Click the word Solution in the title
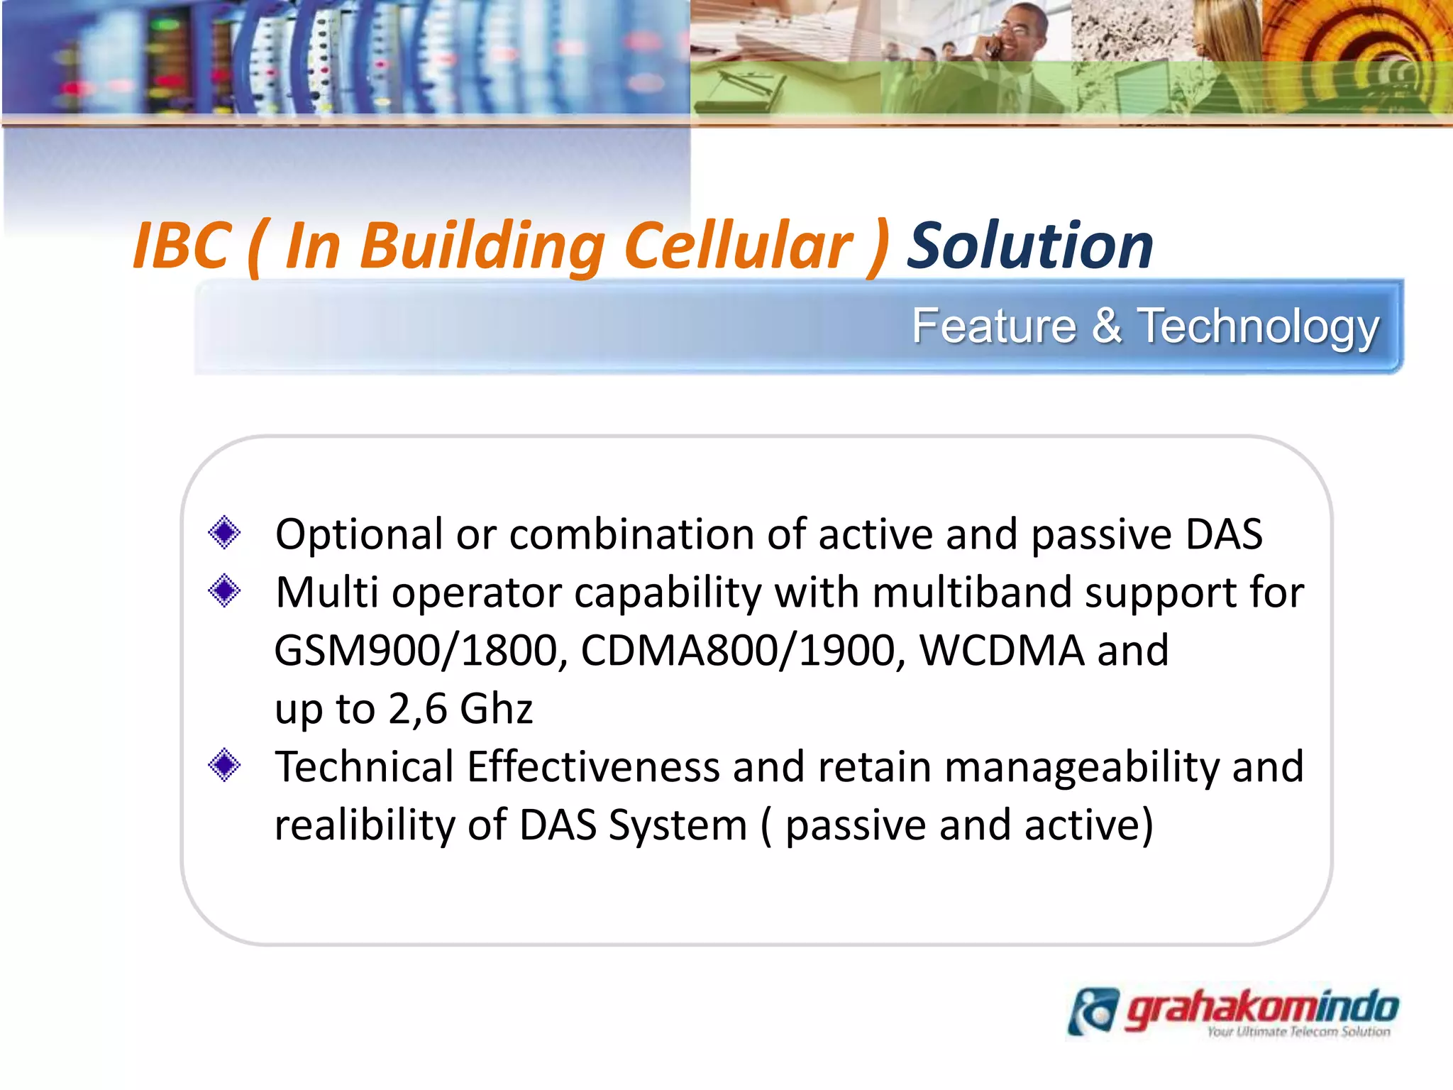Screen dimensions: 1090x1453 [1030, 246]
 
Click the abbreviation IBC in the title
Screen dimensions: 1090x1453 [182, 246]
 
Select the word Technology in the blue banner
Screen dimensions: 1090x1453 [1258, 326]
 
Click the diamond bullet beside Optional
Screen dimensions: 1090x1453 [224, 533]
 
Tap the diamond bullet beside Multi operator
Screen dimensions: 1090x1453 [224, 591]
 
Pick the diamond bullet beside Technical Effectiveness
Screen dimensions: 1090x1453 [224, 766]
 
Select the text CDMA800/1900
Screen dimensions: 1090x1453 [742, 650]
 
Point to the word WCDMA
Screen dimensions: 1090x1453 [1001, 650]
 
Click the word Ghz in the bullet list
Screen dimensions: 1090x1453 [496, 708]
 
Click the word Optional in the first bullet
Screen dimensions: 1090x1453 [359, 534]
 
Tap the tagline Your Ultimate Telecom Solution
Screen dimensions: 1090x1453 [1298, 1032]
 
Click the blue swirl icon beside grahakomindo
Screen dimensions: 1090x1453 [1093, 1011]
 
